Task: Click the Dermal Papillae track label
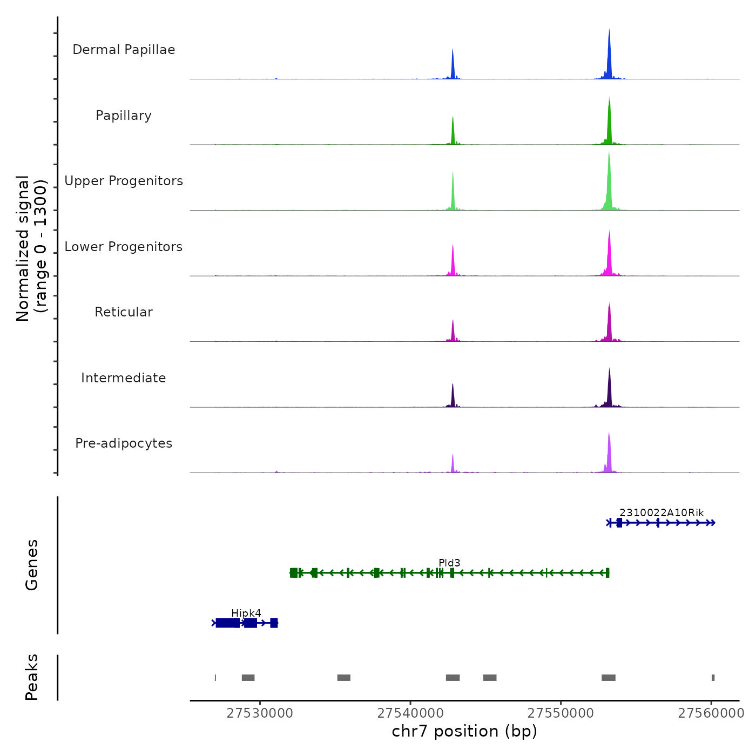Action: (124, 50)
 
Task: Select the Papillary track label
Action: (124, 116)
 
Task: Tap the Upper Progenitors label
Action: (124, 181)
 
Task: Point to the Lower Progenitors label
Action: (124, 247)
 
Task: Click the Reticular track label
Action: (124, 312)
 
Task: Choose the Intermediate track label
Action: (124, 378)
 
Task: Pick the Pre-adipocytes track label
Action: (124, 443)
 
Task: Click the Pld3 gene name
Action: (449, 563)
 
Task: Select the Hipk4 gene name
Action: (246, 613)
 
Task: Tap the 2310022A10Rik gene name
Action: (661, 513)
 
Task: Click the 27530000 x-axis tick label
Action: (260, 713)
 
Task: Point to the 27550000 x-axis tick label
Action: (561, 713)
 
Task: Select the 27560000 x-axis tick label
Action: (711, 713)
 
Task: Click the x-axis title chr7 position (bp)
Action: (464, 731)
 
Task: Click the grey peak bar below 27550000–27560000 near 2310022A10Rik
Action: (609, 678)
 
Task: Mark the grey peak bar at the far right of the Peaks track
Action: (713, 678)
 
